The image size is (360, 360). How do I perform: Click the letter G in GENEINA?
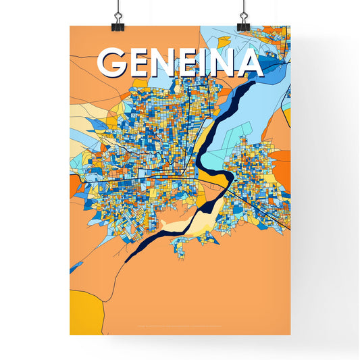click(115, 63)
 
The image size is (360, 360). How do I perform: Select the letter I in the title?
click(205, 63)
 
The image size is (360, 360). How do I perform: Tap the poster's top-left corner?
click(70, 26)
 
